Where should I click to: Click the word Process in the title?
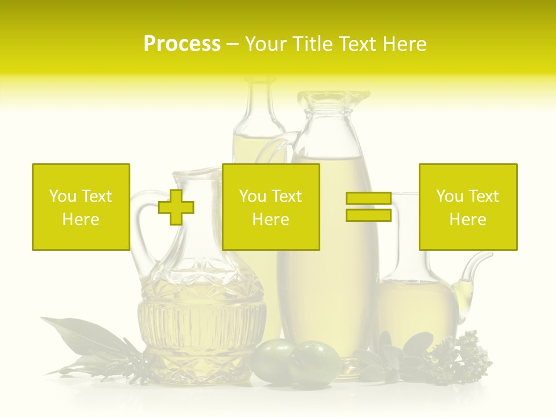tap(182, 44)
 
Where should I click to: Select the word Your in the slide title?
tap(267, 44)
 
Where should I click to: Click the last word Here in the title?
tap(405, 44)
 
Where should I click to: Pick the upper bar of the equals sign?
tap(368, 198)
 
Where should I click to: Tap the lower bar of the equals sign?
tap(368, 215)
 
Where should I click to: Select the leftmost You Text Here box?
tap(81, 207)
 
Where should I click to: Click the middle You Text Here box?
tap(270, 207)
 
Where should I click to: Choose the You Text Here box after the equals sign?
tap(467, 207)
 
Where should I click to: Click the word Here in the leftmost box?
tap(81, 220)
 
